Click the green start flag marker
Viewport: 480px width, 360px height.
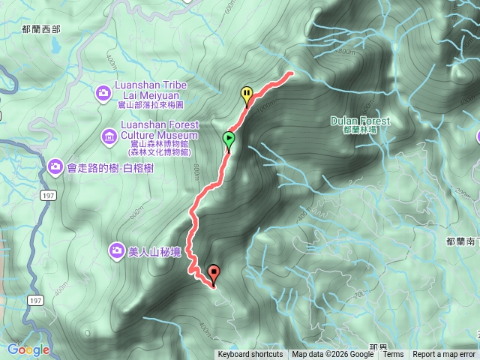[228, 139]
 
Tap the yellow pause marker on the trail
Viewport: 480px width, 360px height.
[247, 94]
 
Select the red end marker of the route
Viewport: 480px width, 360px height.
[214, 273]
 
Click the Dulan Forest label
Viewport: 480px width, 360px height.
[360, 120]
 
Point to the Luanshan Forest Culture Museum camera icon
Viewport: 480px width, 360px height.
[108, 136]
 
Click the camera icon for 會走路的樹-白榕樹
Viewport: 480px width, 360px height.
[55, 165]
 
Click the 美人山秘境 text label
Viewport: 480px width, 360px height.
[154, 252]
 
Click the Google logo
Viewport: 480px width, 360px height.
[28, 349]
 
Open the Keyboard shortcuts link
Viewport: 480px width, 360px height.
[250, 355]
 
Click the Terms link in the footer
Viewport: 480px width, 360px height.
[393, 355]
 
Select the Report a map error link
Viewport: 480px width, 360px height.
[444, 355]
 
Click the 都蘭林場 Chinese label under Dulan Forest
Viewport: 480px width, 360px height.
[360, 130]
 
